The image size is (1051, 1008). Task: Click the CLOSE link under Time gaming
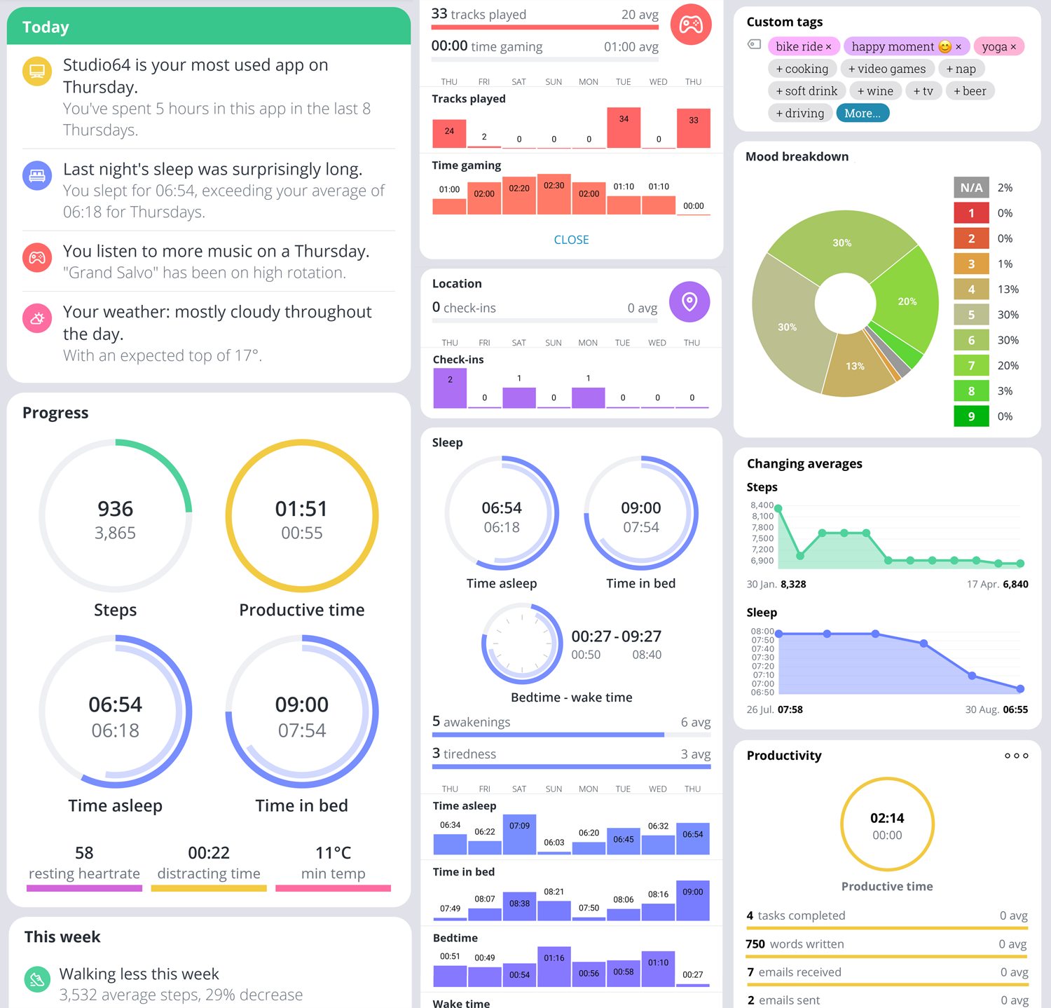point(571,240)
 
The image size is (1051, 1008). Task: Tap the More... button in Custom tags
point(863,114)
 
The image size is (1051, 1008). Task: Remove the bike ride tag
point(828,47)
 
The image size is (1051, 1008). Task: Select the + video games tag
point(886,69)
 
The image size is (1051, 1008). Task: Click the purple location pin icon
point(689,302)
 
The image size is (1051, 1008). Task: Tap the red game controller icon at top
point(691,25)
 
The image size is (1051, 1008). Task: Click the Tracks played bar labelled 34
point(624,128)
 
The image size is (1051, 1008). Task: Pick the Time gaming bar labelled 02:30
point(554,194)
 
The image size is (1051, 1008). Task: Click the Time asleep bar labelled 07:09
point(519,834)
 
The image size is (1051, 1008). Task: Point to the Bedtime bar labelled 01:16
point(554,967)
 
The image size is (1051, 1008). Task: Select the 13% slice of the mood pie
point(854,366)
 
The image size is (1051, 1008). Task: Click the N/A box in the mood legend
point(971,188)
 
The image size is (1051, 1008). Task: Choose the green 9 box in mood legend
point(971,416)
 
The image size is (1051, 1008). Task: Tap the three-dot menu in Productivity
point(1016,756)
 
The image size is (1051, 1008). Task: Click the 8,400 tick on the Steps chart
point(762,505)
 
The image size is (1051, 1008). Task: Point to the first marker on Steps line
point(778,509)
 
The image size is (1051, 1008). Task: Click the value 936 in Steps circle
point(115,509)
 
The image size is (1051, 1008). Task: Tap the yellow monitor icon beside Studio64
point(37,71)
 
